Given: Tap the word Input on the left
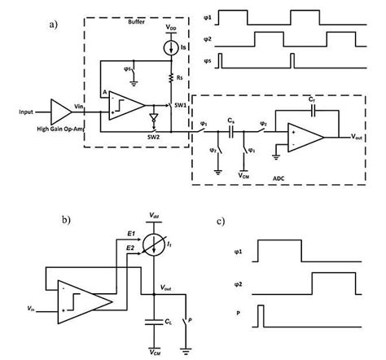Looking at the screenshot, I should [x=28, y=111].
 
